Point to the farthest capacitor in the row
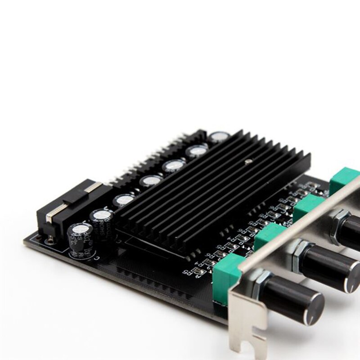pyautogui.click(x=219, y=137)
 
